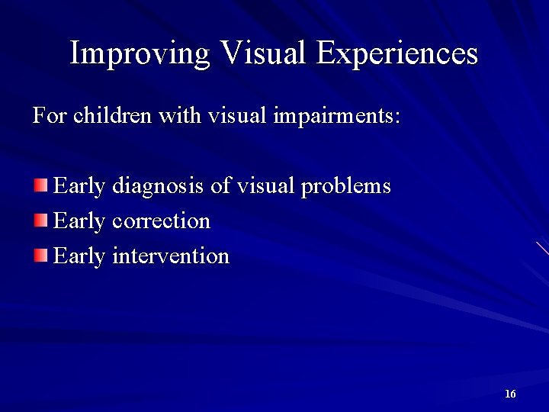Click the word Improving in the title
click(138, 53)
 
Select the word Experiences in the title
click(397, 53)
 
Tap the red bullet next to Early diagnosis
click(40, 185)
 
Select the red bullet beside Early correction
click(40, 220)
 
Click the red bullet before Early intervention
click(40, 255)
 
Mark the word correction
click(161, 221)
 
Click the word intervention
click(170, 256)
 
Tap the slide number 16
click(510, 394)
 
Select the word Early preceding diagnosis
click(79, 187)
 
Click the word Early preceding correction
click(79, 221)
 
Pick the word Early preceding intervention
click(79, 256)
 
